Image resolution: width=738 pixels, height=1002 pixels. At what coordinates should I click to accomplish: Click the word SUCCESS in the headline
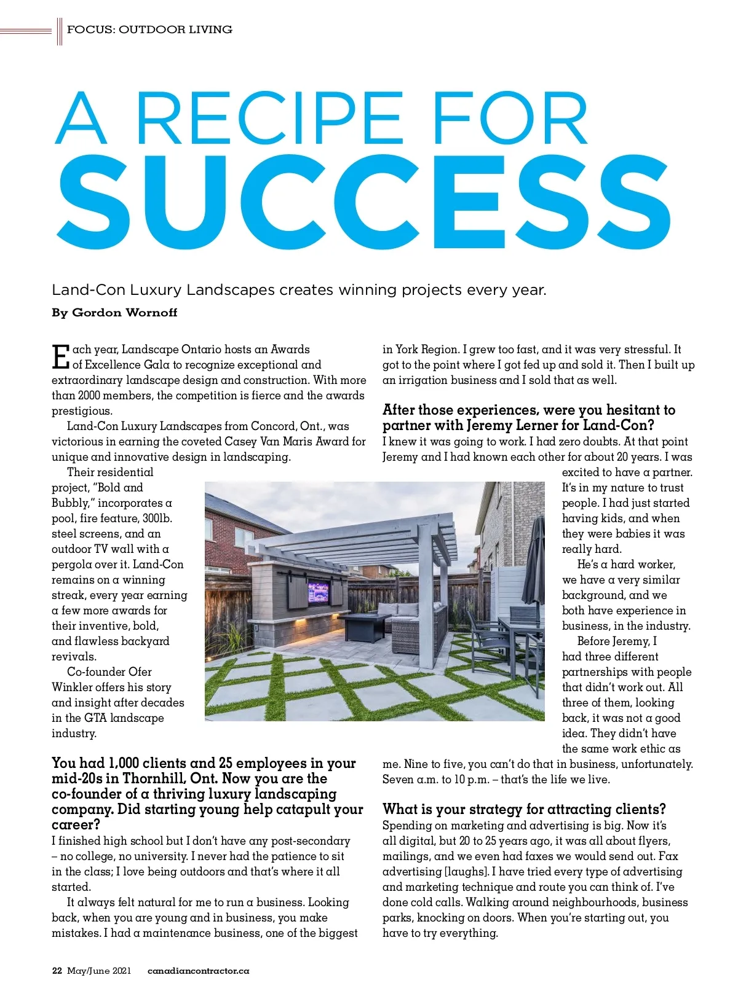(363, 203)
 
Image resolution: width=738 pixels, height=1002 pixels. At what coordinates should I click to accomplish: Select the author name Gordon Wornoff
(124, 313)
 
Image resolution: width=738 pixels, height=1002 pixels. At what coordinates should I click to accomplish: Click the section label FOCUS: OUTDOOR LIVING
(149, 29)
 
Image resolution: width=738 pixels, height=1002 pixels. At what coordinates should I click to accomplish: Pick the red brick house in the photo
(231, 528)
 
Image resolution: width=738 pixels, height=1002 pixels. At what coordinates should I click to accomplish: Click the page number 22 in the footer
(57, 971)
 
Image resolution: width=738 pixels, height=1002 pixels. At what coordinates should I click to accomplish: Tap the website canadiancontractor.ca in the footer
(198, 971)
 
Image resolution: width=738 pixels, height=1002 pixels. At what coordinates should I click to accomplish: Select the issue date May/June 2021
(99, 971)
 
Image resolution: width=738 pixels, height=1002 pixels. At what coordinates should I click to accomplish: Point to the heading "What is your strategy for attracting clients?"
(524, 809)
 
